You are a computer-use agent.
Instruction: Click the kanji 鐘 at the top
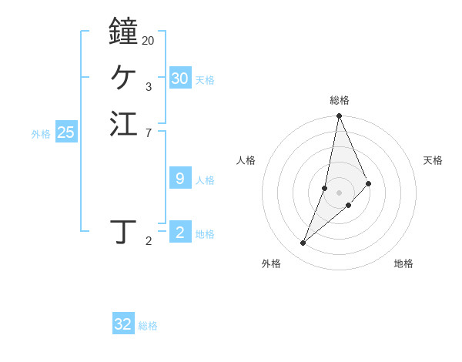(x=123, y=32)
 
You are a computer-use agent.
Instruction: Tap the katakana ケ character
(x=123, y=77)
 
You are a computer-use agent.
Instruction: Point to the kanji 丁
(x=123, y=231)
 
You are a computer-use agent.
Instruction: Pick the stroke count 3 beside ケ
(x=148, y=86)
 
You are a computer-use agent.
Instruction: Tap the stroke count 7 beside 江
(x=148, y=133)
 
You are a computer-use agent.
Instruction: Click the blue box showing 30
(x=180, y=79)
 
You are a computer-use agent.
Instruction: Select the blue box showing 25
(x=66, y=132)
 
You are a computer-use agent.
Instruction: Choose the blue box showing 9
(x=180, y=179)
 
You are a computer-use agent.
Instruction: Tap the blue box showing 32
(x=123, y=324)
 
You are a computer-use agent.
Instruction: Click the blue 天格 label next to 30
(x=205, y=80)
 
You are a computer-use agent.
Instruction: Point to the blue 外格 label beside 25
(x=41, y=134)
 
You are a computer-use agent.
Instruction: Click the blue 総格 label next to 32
(x=148, y=326)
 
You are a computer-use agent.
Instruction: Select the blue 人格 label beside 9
(x=205, y=180)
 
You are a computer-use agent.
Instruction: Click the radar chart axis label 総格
(x=340, y=100)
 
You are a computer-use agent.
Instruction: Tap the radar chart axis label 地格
(x=403, y=263)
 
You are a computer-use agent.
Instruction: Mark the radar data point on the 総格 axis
(x=339, y=116)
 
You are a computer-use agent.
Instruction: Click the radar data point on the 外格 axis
(x=303, y=243)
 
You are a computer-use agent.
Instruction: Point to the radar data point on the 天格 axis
(x=369, y=183)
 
